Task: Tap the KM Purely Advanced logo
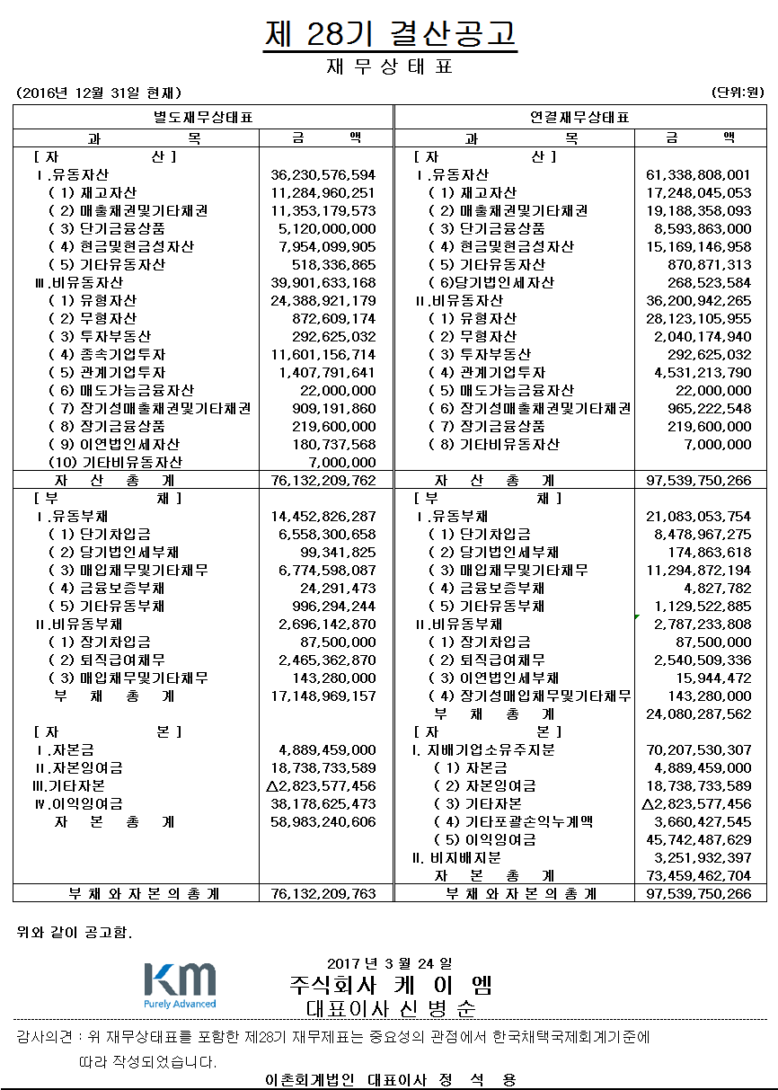coord(180,985)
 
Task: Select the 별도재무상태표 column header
coord(202,118)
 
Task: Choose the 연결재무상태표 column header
coord(579,118)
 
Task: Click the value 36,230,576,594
coord(323,175)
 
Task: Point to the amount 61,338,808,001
coord(698,175)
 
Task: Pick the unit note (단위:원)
coord(737,93)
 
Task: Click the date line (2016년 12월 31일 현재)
coord(100,93)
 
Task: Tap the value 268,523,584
coord(710,283)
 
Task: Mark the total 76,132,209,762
coord(323,481)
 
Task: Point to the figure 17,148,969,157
coord(323,696)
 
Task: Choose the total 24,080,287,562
coord(698,714)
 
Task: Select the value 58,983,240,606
coord(323,822)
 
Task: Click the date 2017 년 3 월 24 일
coord(390,963)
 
